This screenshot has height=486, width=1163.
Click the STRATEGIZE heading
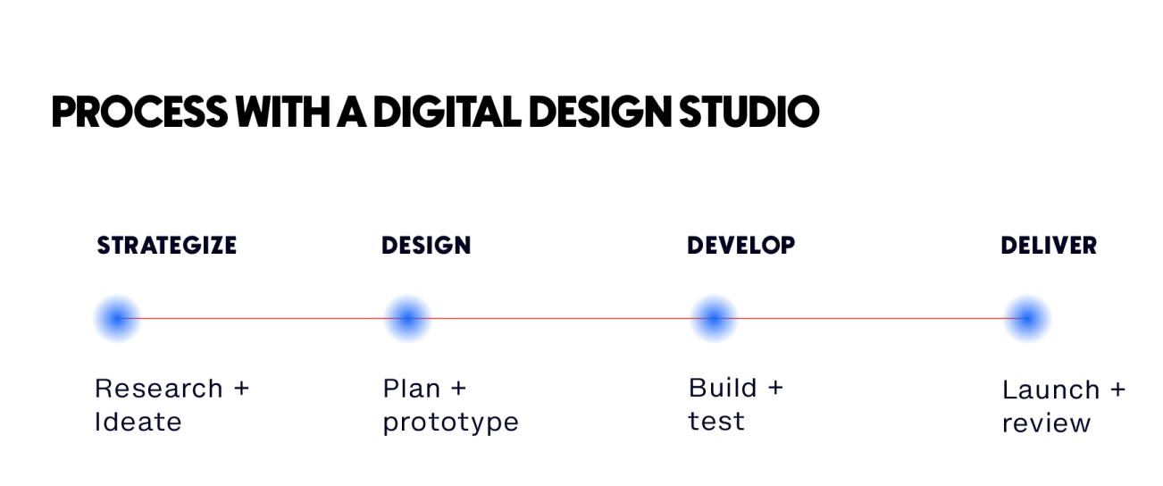point(166,246)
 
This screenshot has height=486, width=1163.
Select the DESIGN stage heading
point(426,246)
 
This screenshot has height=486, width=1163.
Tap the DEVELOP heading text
point(740,246)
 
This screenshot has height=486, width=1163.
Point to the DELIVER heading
point(1049,246)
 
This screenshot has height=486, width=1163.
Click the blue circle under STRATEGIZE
point(117,318)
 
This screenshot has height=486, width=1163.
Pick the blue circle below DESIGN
point(407,318)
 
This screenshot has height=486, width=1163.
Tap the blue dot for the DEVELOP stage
point(714,318)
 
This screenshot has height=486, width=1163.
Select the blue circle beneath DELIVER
point(1027,318)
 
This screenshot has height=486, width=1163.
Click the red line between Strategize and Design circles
point(263,318)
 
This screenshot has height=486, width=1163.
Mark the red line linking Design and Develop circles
point(561,318)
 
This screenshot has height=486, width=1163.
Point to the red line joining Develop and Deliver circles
point(871,318)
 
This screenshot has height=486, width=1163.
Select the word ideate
point(138,422)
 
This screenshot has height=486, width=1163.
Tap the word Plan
point(411,390)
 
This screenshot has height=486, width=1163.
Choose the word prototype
point(450,423)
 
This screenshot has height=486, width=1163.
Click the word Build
point(722,389)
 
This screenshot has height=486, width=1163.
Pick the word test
point(715,422)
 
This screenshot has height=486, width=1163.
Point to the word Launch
point(1050,391)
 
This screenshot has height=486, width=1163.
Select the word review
point(1046,423)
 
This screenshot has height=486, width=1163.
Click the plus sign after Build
point(774,389)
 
